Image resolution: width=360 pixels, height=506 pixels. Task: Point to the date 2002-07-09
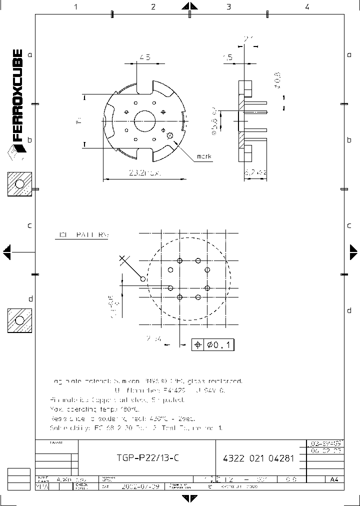(141, 486)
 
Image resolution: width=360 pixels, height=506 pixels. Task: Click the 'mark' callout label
(203, 156)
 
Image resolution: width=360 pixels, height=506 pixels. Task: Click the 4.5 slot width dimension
(145, 57)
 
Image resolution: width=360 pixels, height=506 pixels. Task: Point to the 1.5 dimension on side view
(227, 57)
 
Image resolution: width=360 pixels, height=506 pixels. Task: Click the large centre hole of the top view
(145, 120)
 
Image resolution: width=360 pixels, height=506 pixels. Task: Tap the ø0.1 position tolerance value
(219, 345)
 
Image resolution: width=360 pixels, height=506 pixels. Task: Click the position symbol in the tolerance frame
(198, 345)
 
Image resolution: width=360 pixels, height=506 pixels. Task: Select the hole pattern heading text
(83, 234)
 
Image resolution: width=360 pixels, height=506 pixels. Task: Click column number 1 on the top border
(76, 6)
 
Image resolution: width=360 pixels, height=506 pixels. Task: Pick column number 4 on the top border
(307, 6)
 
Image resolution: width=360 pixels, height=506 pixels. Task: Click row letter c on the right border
(349, 225)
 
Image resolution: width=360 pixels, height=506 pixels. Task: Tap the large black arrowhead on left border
(6, 252)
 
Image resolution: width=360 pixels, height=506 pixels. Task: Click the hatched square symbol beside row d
(19, 320)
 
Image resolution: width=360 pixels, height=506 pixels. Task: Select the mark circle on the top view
(170, 134)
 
